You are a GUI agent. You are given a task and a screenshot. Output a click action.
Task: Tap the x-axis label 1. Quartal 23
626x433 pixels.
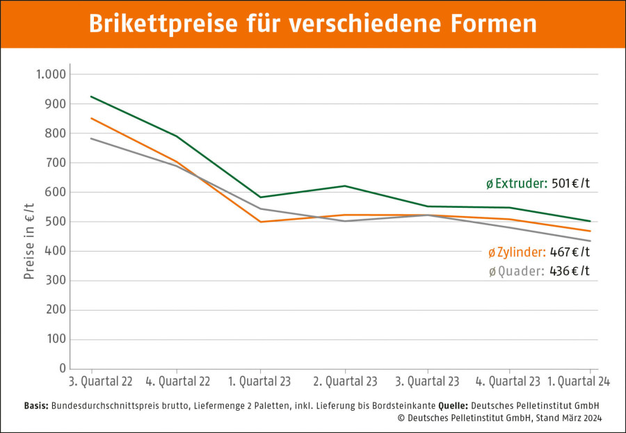(x=260, y=382)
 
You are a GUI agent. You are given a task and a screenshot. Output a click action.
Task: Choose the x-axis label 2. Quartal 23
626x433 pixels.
(x=345, y=382)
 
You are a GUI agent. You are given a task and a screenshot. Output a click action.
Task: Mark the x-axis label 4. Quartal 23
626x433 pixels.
(x=509, y=382)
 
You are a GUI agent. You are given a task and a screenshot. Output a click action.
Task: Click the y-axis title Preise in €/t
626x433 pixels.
(x=29, y=240)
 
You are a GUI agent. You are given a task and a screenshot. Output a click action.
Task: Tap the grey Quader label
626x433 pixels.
(x=520, y=271)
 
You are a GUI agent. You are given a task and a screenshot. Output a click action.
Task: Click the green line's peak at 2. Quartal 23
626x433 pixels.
(x=345, y=186)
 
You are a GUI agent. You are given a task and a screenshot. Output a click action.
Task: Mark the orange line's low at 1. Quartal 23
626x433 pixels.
(x=261, y=222)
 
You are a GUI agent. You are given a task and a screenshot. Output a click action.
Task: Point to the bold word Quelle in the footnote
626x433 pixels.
(x=453, y=405)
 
